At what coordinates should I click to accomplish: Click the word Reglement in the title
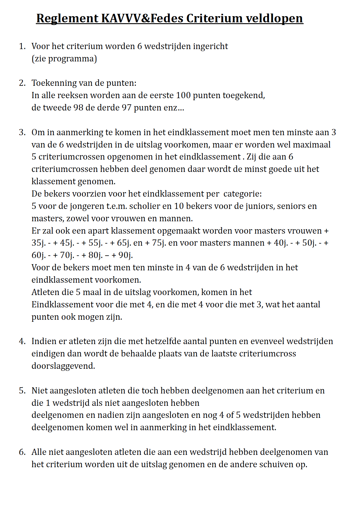coord(67,18)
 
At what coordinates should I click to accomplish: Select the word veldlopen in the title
coord(274,18)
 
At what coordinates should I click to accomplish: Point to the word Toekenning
coord(54,83)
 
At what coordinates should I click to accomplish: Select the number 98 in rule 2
coord(78,108)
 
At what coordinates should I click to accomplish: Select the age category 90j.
coord(125,255)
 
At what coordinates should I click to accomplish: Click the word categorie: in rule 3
coord(243,194)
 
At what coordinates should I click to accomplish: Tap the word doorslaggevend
coord(63,366)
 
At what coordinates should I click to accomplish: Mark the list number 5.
coord(22,391)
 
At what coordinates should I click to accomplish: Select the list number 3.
coord(22,132)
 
